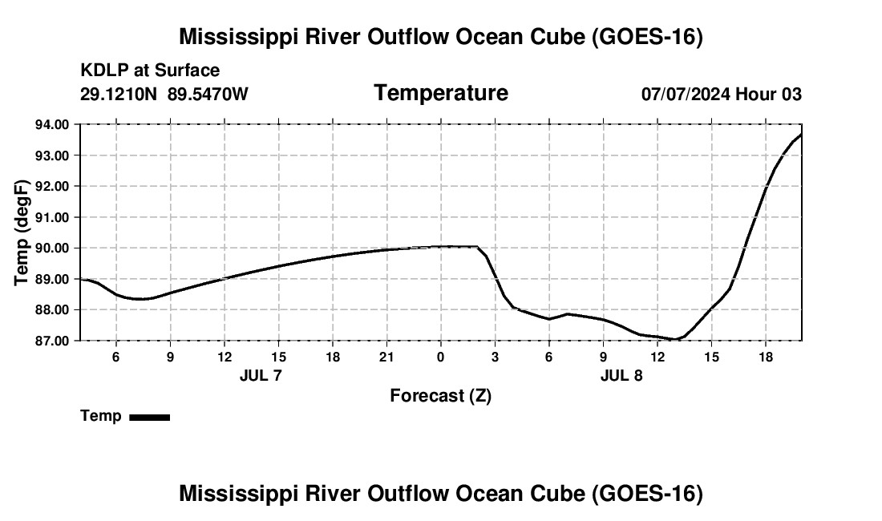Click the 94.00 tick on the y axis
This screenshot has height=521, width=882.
[x=52, y=124]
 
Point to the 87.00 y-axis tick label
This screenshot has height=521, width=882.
[x=52, y=341]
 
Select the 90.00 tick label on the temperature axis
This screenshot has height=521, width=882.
[x=52, y=248]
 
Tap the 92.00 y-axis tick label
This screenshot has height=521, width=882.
[x=52, y=186]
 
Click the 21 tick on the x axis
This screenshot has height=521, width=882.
[x=386, y=357]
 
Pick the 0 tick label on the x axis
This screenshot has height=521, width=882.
[x=440, y=357]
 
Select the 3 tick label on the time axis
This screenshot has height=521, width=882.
[x=495, y=357]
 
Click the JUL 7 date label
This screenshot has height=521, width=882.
[x=261, y=375]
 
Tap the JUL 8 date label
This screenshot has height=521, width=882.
[x=621, y=375]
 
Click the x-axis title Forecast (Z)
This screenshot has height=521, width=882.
[x=440, y=396]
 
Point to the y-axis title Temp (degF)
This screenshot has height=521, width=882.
[x=22, y=232]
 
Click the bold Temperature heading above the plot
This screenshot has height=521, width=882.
[x=441, y=93]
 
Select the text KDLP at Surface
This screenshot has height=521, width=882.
[x=150, y=71]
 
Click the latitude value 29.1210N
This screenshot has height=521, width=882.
[x=118, y=94]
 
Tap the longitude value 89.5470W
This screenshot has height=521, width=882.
[x=208, y=94]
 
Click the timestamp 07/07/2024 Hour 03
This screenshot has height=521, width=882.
[x=722, y=94]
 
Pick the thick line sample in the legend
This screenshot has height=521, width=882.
[x=150, y=417]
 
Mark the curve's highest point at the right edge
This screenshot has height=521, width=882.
[x=800, y=135]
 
